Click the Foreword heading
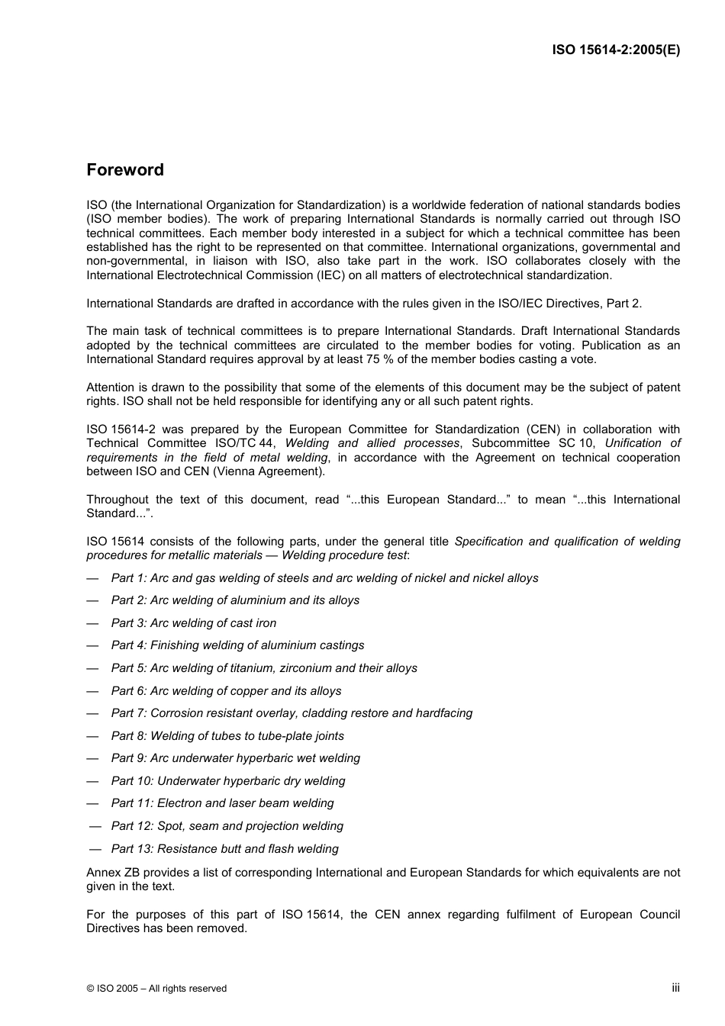[x=125, y=170]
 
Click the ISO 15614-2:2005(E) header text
[x=616, y=50]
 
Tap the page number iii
[x=675, y=987]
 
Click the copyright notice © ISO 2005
[x=156, y=989]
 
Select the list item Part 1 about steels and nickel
[x=324, y=578]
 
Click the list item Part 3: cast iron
[x=194, y=623]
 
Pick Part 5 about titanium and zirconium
[x=264, y=668]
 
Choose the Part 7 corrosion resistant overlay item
[x=292, y=713]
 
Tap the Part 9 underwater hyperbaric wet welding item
[x=235, y=758]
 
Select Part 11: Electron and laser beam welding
[x=222, y=803]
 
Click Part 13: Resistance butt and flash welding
[x=224, y=849]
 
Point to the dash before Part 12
[x=95, y=826]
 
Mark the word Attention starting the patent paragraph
[x=110, y=388]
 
